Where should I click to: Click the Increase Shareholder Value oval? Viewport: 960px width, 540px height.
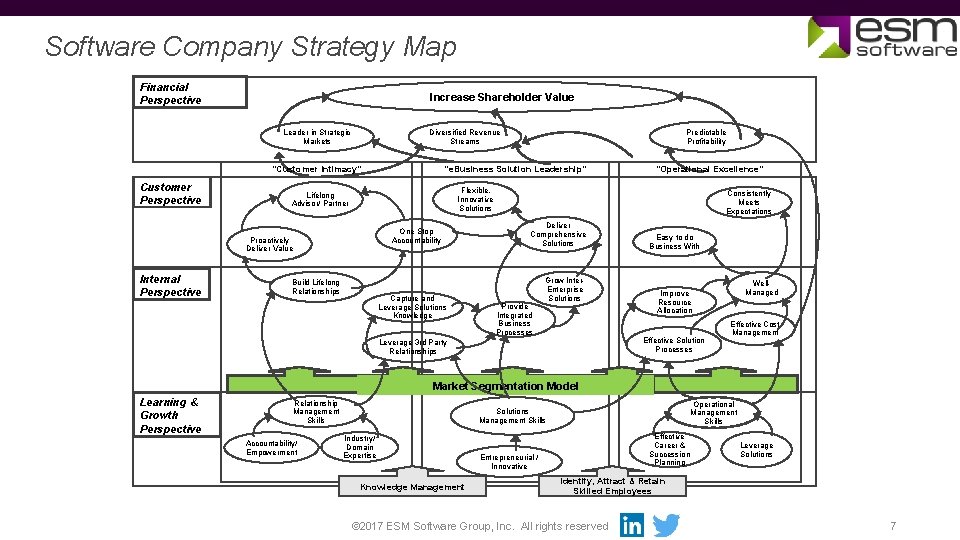pyautogui.click(x=501, y=97)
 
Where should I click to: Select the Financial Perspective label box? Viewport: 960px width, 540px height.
pyautogui.click(x=192, y=93)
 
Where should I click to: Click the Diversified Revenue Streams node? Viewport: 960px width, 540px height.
pyautogui.click(x=465, y=137)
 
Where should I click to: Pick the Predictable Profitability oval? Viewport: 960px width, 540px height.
pyautogui.click(x=706, y=137)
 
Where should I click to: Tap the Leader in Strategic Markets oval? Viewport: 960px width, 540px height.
pyautogui.click(x=317, y=137)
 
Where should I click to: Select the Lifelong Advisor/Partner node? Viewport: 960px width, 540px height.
pyautogui.click(x=321, y=199)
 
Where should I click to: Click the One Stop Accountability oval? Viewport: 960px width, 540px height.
pyautogui.click(x=416, y=236)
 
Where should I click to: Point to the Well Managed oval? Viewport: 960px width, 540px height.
pyautogui.click(x=762, y=288)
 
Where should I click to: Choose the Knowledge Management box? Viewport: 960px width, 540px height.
pyautogui.click(x=412, y=487)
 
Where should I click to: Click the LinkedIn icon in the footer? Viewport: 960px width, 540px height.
pyautogui.click(x=632, y=525)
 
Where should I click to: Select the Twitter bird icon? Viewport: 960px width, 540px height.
pyautogui.click(x=666, y=525)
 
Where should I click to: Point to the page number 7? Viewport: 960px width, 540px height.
pyautogui.click(x=893, y=526)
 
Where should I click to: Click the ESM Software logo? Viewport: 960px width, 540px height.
pyautogui.click(x=883, y=38)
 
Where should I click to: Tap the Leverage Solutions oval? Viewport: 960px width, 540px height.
pyautogui.click(x=757, y=450)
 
